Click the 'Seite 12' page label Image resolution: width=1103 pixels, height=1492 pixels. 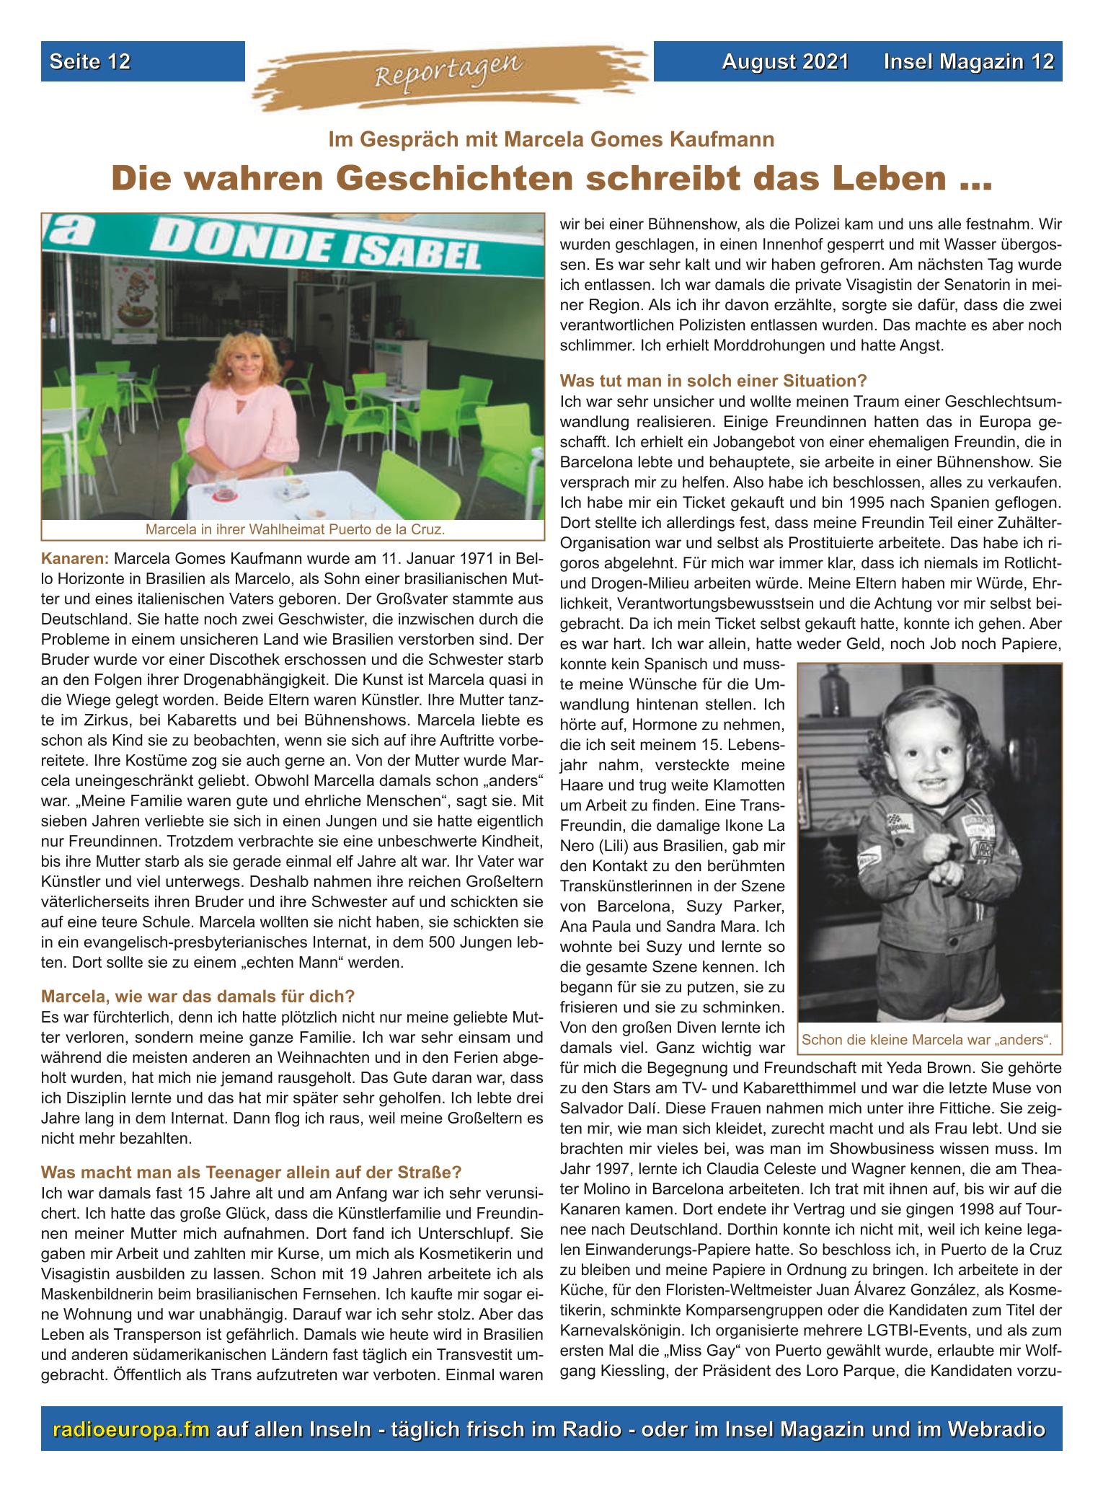90,61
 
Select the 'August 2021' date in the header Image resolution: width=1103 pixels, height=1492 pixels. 785,61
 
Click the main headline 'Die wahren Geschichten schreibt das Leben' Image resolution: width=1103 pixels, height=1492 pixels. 551,178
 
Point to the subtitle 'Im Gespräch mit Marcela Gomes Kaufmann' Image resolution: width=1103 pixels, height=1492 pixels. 551,139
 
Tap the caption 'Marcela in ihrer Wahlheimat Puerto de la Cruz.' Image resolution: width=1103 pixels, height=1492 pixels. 295,530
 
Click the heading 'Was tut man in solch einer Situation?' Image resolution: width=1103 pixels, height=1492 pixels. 714,379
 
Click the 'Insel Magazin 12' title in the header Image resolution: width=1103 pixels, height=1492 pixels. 970,61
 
